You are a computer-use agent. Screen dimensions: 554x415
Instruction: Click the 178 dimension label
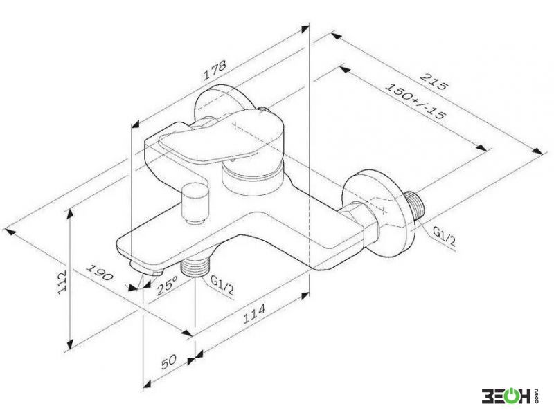click(x=215, y=71)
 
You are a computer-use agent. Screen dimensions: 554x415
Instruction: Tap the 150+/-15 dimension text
click(x=415, y=101)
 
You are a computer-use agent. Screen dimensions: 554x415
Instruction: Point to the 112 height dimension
click(x=62, y=282)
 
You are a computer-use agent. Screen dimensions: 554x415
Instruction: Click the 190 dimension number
click(x=100, y=272)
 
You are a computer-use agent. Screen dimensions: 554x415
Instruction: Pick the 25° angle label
click(x=168, y=285)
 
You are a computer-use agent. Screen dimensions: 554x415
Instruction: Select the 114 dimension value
click(x=253, y=314)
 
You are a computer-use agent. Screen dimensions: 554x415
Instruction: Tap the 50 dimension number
click(x=168, y=361)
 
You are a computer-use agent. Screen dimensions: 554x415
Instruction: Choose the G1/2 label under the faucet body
click(x=222, y=284)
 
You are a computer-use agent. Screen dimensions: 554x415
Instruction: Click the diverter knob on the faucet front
click(x=195, y=203)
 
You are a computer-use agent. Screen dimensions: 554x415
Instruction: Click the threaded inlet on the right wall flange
click(x=415, y=207)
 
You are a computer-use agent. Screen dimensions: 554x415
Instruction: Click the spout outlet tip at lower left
click(x=146, y=268)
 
